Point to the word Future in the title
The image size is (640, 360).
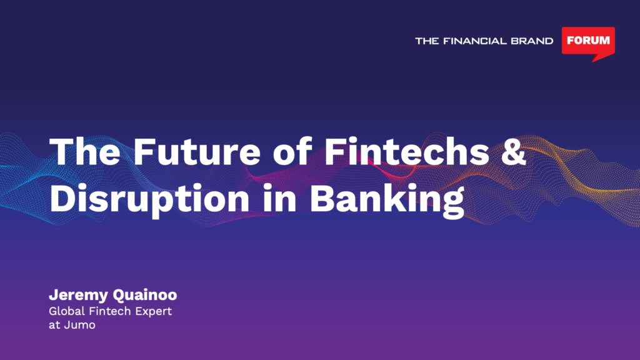pos(197,151)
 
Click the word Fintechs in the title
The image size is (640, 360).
pos(407,151)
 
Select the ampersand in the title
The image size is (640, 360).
pos(514,151)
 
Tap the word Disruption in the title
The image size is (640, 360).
pos(149,199)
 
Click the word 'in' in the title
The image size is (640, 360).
pos(279,198)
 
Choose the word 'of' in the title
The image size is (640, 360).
pos(292,151)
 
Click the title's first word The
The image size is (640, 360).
pos(85,151)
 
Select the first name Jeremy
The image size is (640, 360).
pos(78,295)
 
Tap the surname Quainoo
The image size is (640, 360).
pos(145,295)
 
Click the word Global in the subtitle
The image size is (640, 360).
pos(66,311)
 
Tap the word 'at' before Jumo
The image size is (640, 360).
pos(54,326)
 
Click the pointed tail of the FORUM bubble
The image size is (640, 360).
pos(593,62)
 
